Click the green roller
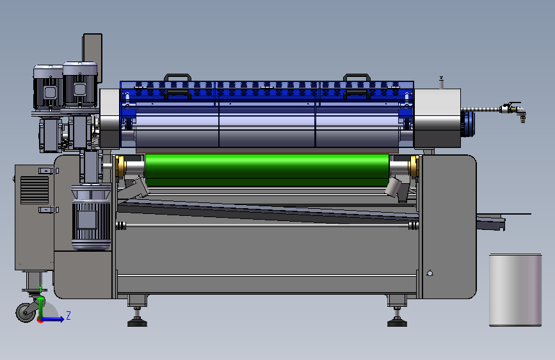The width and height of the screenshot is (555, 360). [x=267, y=170]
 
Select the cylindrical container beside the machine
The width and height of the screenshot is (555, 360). [x=515, y=290]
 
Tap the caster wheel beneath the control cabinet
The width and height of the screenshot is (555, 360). [x=26, y=312]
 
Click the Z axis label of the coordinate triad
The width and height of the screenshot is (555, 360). [x=68, y=315]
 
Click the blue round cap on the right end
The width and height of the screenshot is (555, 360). [x=467, y=124]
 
